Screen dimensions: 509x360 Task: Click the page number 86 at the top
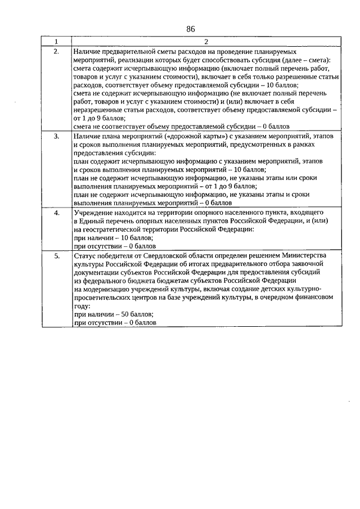coord(190,29)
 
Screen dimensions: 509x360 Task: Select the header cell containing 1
coord(56,42)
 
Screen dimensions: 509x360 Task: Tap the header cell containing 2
coord(206,42)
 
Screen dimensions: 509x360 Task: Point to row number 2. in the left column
coord(56,51)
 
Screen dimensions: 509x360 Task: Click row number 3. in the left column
coord(56,136)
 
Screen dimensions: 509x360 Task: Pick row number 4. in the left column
coord(56,213)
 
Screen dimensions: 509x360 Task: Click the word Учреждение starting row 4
coord(94,213)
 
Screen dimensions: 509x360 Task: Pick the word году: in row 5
coord(82,306)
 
